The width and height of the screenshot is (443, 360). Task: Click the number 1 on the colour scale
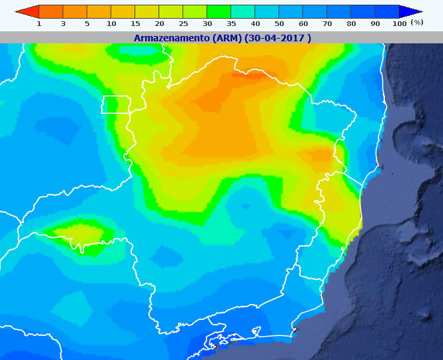[39, 23]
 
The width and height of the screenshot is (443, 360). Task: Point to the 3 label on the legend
[63, 23]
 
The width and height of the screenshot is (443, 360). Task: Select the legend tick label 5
[87, 23]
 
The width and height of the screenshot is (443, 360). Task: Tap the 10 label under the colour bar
[111, 23]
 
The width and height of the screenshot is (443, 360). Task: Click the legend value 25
[183, 23]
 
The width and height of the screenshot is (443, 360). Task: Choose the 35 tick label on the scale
[231, 23]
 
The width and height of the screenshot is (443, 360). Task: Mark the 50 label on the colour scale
[279, 23]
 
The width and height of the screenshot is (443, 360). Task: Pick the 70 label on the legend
[327, 23]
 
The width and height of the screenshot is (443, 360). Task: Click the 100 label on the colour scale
[399, 23]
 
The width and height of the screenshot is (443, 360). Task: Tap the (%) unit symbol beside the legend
[417, 23]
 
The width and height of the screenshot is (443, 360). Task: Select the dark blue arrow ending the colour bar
[411, 11]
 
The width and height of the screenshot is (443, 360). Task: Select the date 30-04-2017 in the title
[278, 38]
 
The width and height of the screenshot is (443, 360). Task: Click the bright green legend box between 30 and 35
[219, 11]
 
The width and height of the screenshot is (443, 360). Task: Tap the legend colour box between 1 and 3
[51, 11]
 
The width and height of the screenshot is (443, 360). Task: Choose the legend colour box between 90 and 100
[387, 11]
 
